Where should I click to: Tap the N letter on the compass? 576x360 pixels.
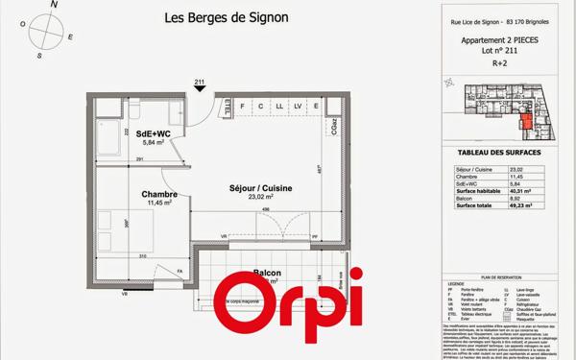pos(54,6)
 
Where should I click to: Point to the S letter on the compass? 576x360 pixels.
pos(38,55)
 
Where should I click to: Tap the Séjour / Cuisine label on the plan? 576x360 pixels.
pos(253,188)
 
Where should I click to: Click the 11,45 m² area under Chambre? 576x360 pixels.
pos(158,203)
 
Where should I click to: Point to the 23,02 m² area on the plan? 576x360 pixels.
pos(254,198)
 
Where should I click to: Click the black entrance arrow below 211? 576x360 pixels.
pos(200,89)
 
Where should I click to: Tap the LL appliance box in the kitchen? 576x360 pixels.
pos(278,106)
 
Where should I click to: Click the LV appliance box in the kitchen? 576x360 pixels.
pos(298,106)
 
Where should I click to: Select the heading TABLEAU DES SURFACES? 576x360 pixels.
pos(499,153)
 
